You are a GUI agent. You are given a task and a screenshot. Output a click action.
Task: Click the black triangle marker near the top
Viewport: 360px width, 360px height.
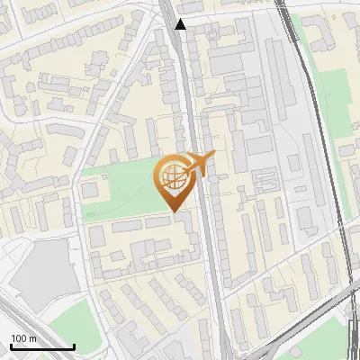[x=181, y=24]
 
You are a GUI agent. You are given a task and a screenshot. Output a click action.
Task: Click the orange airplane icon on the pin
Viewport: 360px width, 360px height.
[x=200, y=164]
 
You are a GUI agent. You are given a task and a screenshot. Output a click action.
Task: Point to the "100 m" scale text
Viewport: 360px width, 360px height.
[x=24, y=338]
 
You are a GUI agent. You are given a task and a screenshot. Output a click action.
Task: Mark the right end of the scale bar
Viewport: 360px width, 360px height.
[x=74, y=346]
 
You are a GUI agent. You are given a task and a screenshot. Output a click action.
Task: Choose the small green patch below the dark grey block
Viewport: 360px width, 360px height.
[x=72, y=324]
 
